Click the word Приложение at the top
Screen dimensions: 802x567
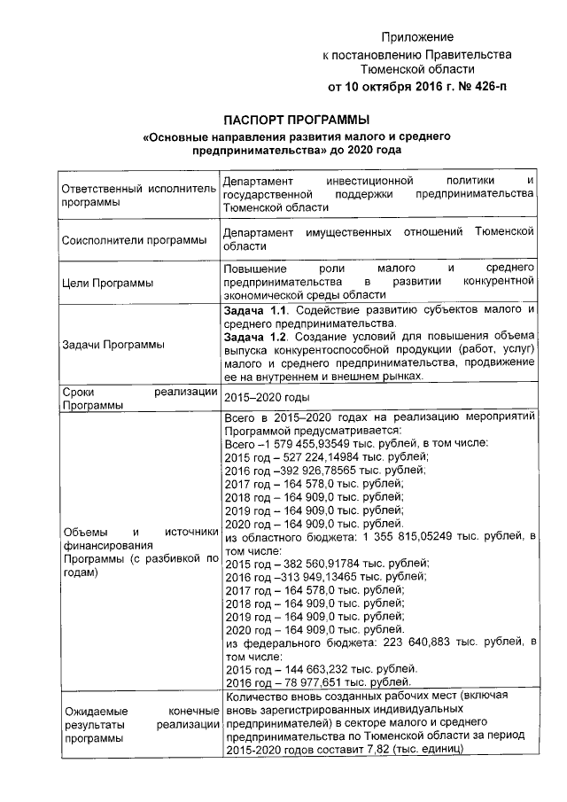417,37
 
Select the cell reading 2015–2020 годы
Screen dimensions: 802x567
267,398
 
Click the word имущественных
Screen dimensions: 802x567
341,232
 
